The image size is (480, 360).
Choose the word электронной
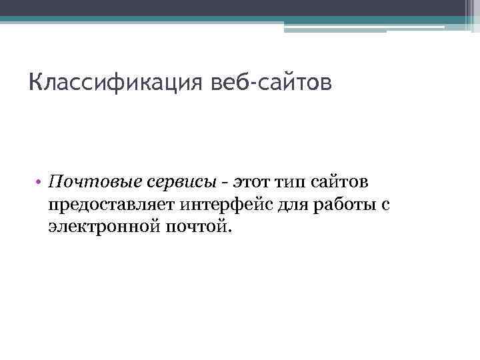pyautogui.click(x=99, y=227)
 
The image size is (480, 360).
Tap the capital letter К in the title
pyautogui.click(x=36, y=85)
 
